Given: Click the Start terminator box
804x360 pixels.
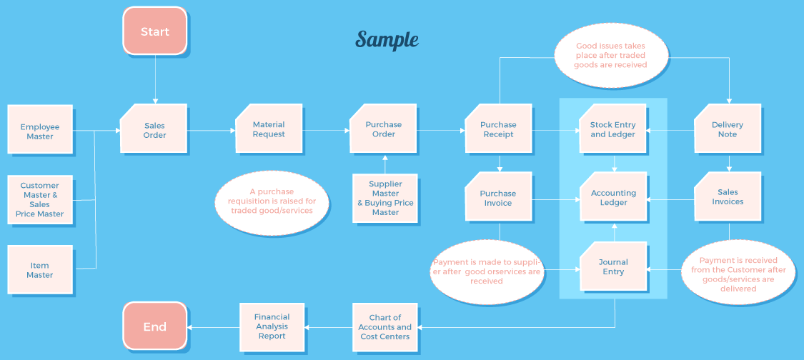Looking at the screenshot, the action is coord(155,31).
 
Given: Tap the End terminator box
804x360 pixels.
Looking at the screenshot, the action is coord(155,326).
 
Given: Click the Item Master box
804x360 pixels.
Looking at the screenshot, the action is coord(40,269).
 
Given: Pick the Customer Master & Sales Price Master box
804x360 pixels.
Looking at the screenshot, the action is coord(40,199).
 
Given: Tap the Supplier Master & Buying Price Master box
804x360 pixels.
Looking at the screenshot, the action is coord(385,198).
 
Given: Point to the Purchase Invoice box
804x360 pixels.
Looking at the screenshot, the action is coord(498,197).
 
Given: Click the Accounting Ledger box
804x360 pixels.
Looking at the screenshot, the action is coord(612,197).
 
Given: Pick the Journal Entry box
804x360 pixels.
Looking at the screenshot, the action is coord(612,266).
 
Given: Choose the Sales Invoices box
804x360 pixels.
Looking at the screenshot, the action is coord(728,196).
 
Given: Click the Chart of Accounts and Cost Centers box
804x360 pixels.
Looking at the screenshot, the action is coord(385,326).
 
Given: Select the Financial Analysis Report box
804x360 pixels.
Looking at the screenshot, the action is coord(272,326).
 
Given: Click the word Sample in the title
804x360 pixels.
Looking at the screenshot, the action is coord(387,40).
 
